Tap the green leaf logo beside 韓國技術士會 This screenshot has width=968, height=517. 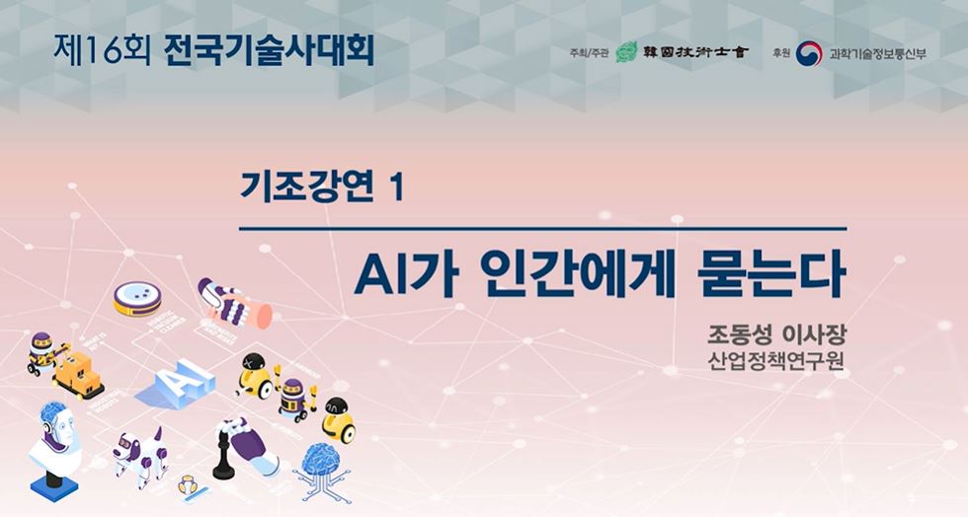click(626, 52)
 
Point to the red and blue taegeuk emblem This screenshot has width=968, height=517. click(809, 53)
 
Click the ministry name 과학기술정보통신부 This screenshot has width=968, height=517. click(878, 53)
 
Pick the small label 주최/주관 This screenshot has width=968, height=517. click(590, 53)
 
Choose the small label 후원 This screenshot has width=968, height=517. click(781, 53)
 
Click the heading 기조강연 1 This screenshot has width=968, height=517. click(322, 186)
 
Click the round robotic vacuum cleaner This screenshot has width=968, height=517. click(136, 298)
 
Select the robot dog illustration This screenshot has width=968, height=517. click(138, 453)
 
